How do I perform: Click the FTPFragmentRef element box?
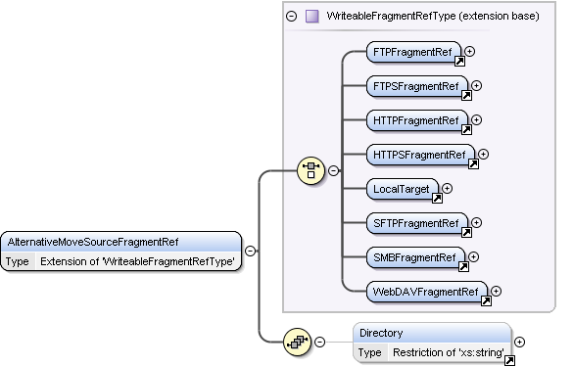point(413,52)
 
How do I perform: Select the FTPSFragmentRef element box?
point(417,86)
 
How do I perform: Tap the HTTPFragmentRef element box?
point(417,120)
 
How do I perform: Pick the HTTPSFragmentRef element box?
point(420,155)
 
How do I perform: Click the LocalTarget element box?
point(403,189)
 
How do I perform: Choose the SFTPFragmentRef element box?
point(417,223)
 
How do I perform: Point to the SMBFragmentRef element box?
point(415,257)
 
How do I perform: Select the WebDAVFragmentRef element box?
point(427,292)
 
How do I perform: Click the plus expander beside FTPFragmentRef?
point(469,52)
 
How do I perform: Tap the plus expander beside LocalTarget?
point(448,189)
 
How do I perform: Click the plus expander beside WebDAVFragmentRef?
point(496,291)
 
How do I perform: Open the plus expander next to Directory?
point(519,342)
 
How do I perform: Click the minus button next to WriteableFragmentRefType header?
point(291,16)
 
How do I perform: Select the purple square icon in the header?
point(311,16)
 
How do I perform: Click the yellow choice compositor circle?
point(310,170)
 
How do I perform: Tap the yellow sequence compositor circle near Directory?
point(297,342)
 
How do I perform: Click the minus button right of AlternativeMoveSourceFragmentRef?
point(250,251)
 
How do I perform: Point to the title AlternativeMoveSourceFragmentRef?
point(93,242)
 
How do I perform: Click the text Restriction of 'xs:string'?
point(449,352)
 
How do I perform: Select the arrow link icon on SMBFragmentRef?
point(463,267)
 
